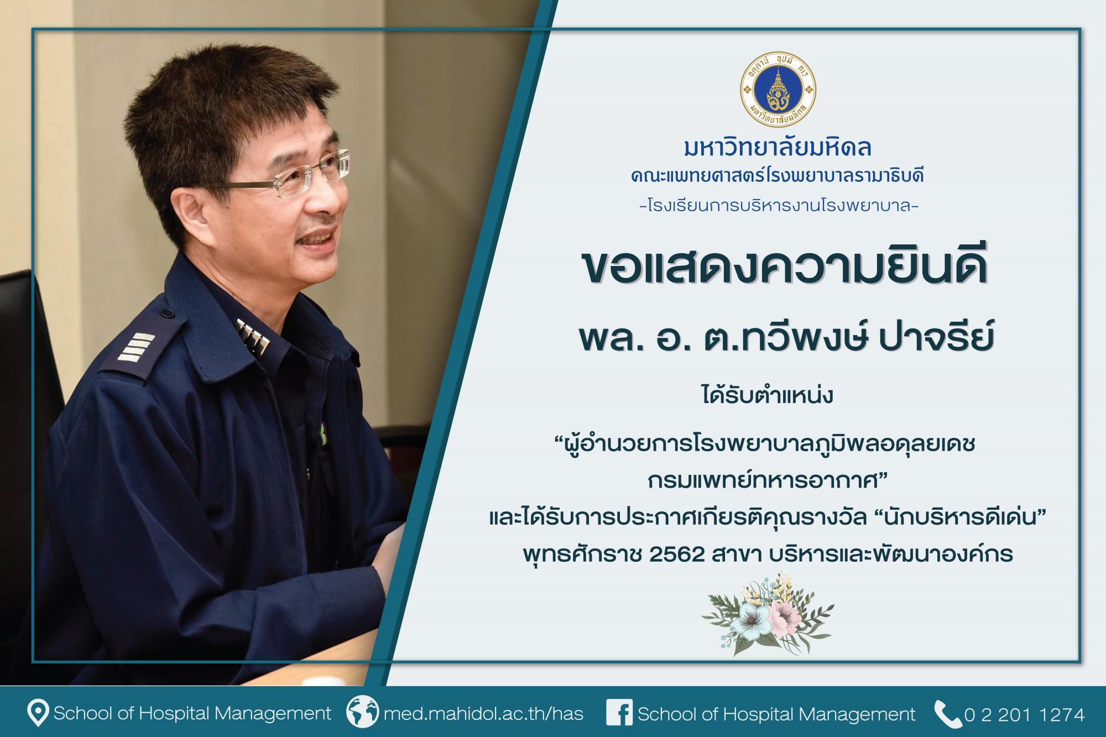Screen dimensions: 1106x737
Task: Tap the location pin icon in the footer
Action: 37,713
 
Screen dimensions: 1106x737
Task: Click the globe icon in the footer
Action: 363,713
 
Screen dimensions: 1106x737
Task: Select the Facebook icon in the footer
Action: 619,713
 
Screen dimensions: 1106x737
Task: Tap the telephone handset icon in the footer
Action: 947,713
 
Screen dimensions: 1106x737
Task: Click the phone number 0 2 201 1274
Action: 1024,714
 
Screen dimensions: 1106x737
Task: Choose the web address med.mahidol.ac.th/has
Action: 484,714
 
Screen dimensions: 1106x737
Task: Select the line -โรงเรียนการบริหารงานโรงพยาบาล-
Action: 779,207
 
